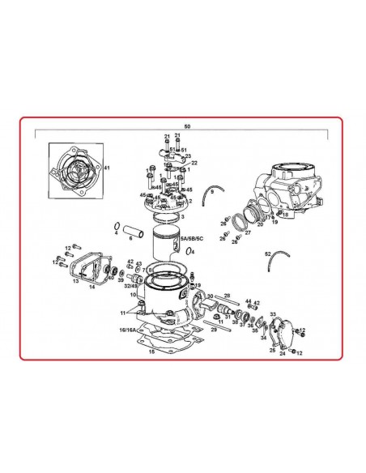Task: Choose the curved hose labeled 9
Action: tap(212, 194)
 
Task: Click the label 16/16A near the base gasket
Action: tap(127, 331)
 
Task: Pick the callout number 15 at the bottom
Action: tap(151, 352)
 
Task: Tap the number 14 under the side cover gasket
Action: tap(91, 287)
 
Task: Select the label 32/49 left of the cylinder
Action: tap(130, 286)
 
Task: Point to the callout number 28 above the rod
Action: tap(227, 296)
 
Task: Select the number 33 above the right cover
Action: tap(272, 314)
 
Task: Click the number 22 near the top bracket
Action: tap(194, 163)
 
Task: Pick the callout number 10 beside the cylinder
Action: tap(133, 296)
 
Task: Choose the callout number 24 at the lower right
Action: tap(282, 354)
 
